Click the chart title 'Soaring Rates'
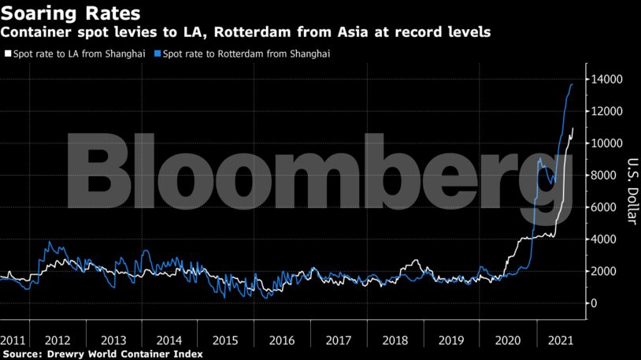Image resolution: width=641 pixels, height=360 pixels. coord(71,13)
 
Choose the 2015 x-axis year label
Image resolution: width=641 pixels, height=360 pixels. coord(225,340)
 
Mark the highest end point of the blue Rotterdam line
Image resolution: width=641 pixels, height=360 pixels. coord(572,84)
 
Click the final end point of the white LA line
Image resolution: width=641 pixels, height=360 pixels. coord(573,128)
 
